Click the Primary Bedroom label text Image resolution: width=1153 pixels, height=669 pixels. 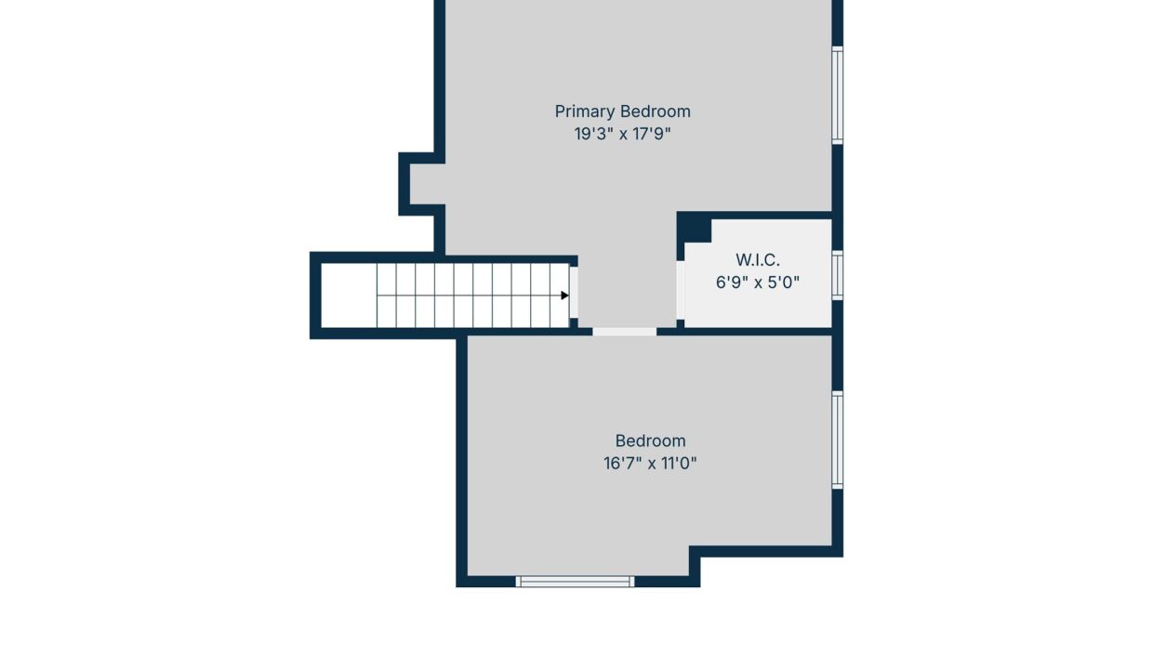(622, 111)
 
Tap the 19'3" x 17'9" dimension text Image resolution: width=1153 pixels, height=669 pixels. (622, 134)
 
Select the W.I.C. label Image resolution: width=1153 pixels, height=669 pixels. (758, 260)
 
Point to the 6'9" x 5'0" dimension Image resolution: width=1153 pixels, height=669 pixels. (758, 282)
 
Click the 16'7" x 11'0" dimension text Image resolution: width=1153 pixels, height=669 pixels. (650, 464)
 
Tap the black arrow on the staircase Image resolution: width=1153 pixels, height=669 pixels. (564, 295)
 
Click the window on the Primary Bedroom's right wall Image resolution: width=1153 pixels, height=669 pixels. (838, 96)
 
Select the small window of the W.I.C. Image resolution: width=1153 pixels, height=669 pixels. (838, 276)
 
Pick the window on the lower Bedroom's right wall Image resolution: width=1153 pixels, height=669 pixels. (838, 440)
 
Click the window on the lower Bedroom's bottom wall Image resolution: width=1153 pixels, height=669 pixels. (575, 582)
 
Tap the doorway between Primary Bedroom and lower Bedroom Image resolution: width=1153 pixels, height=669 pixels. (624, 333)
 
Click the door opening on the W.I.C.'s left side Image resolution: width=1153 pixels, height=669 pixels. (681, 290)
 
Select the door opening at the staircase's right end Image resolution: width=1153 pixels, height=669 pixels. (574, 292)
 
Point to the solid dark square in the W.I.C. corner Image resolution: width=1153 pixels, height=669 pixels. (695, 229)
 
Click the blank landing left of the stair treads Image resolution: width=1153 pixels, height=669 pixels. (349, 295)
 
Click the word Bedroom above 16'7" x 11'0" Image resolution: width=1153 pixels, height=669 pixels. (650, 441)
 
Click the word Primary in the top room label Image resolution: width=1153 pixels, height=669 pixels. (585, 111)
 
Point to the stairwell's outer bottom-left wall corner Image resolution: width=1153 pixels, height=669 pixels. (310, 339)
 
